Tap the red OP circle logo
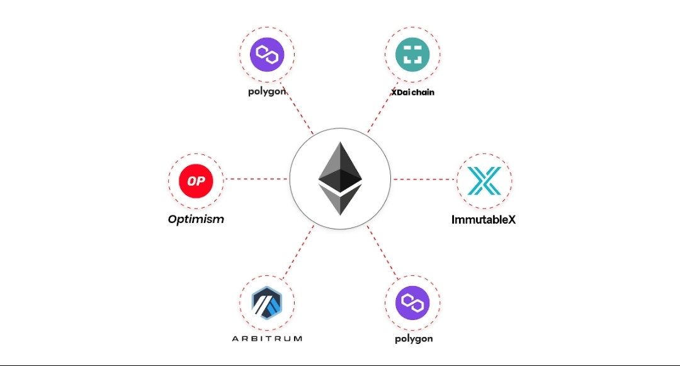tap(196, 181)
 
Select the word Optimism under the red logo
tap(196, 219)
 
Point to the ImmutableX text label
tap(484, 220)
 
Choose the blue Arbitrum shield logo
tap(267, 303)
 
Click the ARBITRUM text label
tap(267, 338)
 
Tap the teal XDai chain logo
tap(412, 54)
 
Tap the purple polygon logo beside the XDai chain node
tap(267, 54)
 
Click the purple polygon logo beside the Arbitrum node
tap(412, 303)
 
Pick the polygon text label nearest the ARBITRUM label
tap(414, 339)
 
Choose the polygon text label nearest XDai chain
tap(267, 91)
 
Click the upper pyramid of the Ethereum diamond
tap(341, 165)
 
